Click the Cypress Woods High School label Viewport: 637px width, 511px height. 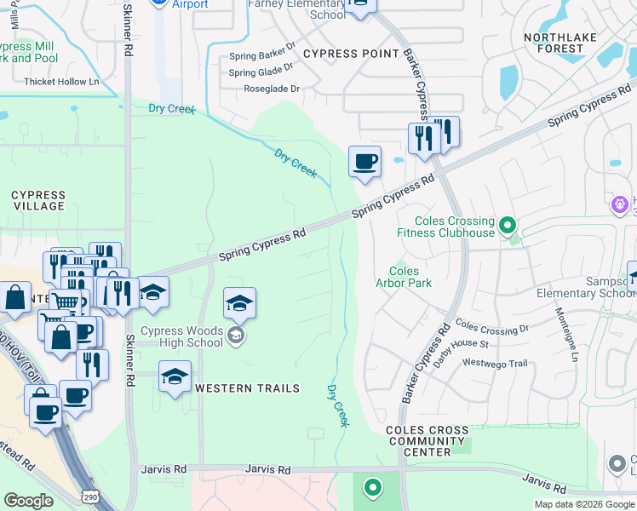point(181,337)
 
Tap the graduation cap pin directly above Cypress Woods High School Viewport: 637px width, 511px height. point(240,304)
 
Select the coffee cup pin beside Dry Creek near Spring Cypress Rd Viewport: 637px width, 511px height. point(364,161)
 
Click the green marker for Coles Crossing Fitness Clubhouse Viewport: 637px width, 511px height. point(508,226)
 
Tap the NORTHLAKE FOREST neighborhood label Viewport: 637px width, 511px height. point(554,43)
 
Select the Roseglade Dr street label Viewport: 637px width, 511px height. point(272,89)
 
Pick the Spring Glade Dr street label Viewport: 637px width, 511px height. point(261,72)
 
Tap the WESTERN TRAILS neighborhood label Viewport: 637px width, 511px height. point(247,388)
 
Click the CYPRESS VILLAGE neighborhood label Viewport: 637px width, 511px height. point(38,200)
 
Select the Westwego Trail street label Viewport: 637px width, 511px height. point(495,364)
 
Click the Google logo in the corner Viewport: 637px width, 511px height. point(28,501)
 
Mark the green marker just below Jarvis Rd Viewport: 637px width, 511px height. point(371,488)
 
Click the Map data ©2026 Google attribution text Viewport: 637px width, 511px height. point(583,504)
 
